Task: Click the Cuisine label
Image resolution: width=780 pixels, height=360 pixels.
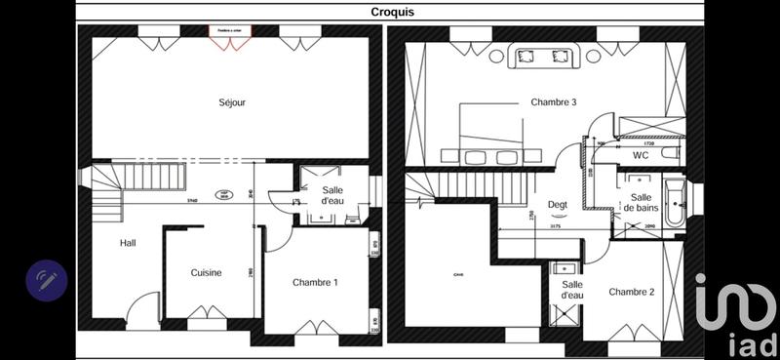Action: coord(206,273)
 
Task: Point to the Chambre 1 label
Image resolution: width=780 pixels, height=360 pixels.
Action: coord(315,283)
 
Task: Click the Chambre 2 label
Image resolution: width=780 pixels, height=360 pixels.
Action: coord(631,292)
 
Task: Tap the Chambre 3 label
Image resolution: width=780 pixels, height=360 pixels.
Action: coord(554,102)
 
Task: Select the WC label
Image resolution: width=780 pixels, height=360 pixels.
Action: coord(641,155)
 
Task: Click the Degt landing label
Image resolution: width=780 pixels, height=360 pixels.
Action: coord(558,204)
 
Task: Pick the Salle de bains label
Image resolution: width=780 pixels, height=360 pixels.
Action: coord(641,202)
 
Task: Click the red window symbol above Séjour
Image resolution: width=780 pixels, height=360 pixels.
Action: coord(230,32)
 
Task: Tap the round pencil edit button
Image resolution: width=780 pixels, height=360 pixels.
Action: coord(46,281)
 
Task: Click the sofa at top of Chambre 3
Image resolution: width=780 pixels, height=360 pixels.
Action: coord(542,56)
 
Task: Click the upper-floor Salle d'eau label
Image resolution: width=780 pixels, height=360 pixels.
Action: coord(571,290)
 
